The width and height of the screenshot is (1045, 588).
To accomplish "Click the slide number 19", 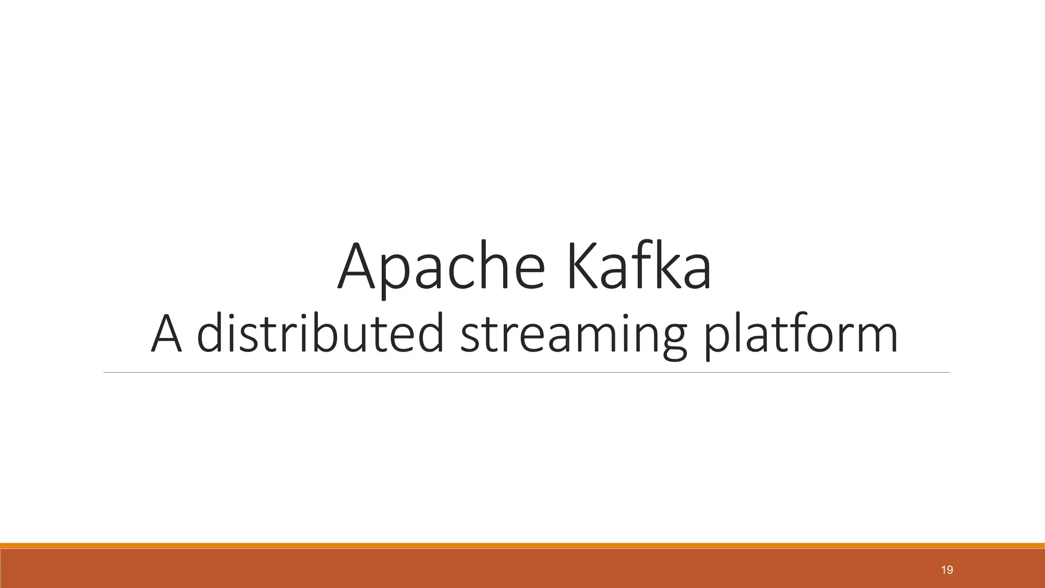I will click(x=947, y=570).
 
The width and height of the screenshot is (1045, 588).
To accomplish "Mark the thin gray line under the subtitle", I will click(x=526, y=373).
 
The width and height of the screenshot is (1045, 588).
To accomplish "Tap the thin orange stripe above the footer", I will click(x=522, y=546).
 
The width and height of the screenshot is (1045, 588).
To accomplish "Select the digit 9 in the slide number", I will click(x=950, y=570).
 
